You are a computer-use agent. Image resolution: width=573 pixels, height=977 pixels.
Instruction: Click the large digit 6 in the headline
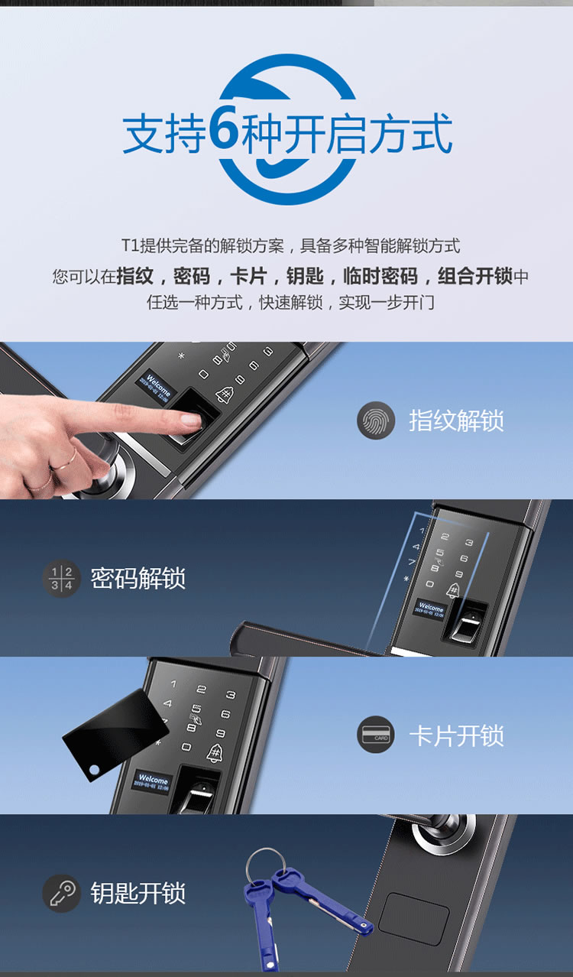[225, 132]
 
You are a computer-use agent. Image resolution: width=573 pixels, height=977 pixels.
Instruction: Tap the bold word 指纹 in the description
[134, 276]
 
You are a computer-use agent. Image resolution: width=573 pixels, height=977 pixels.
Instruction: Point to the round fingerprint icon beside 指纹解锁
[376, 420]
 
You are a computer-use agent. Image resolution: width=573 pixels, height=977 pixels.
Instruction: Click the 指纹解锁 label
[456, 420]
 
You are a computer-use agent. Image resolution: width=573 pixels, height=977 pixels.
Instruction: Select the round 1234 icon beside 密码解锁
[61, 578]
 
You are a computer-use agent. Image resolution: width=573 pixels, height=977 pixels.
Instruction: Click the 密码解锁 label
[138, 578]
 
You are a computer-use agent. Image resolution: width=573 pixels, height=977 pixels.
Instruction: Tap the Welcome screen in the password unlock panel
[432, 609]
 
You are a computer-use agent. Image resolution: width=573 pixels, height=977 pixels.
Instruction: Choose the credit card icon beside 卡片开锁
[376, 735]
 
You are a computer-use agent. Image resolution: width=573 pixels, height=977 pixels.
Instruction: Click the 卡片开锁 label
[456, 735]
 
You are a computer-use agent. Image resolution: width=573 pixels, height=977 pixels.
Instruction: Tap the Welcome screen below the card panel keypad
[153, 782]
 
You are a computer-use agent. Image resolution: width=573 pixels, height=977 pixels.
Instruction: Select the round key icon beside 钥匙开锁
[61, 893]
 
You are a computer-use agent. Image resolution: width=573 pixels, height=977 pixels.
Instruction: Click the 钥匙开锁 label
[138, 893]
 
